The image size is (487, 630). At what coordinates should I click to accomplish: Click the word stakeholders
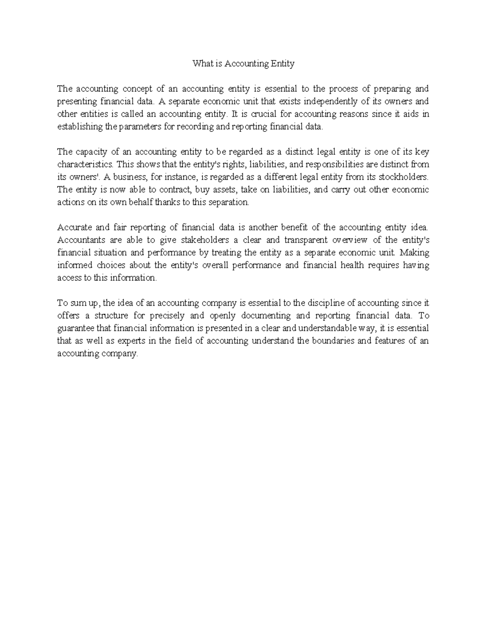[x=199, y=240]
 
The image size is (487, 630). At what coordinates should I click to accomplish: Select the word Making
[x=414, y=253]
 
